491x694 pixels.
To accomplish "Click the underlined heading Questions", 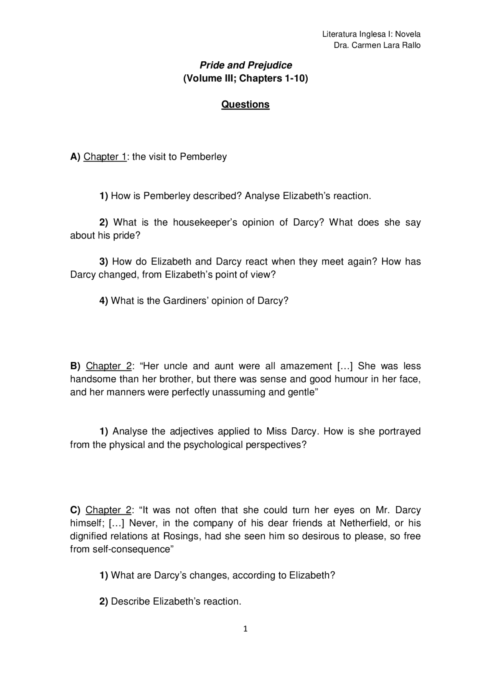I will (x=245, y=105).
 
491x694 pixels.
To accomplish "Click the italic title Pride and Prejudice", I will (x=245, y=65).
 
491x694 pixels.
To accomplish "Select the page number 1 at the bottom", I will (x=245, y=629).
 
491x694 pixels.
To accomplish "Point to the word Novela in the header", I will (x=408, y=34).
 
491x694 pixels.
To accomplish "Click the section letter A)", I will (x=75, y=157).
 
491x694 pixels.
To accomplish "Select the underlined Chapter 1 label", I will (x=105, y=157).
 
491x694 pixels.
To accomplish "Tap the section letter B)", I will (x=75, y=366).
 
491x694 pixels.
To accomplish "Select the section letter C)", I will (x=75, y=510).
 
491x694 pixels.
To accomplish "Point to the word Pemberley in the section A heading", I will (x=203, y=157).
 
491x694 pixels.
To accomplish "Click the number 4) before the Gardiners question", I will (x=104, y=301).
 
